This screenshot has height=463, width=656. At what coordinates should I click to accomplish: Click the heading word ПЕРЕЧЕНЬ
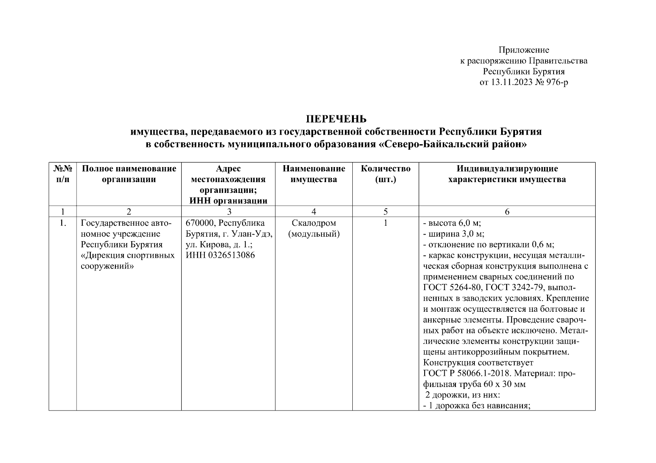(336, 118)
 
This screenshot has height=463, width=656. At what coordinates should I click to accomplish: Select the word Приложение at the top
(523, 50)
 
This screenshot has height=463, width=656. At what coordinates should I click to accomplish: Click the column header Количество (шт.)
(385, 174)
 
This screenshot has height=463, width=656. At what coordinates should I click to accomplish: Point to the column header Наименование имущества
(314, 174)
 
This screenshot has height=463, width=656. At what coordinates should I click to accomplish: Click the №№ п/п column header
(63, 174)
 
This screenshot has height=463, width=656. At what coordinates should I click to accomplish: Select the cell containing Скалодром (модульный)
(314, 228)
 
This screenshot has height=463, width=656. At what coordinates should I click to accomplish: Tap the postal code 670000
(200, 223)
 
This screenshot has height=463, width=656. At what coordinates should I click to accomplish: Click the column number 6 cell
(507, 211)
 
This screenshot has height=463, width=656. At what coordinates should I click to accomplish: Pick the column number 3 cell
(229, 211)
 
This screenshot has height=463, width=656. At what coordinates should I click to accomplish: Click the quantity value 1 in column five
(385, 223)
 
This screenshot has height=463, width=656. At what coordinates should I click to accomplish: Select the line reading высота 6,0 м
(452, 223)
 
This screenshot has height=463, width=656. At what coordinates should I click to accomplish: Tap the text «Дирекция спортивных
(127, 255)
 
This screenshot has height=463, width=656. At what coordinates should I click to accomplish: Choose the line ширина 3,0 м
(454, 234)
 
